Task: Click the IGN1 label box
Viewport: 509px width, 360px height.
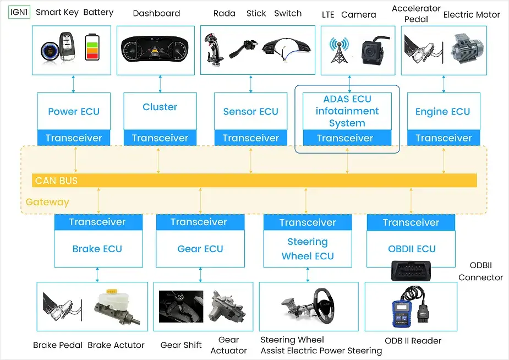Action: click(x=19, y=12)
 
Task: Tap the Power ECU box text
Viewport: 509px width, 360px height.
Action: click(x=74, y=112)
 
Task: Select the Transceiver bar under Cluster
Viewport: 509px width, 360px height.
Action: click(x=160, y=138)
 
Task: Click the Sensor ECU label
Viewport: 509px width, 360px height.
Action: click(x=250, y=112)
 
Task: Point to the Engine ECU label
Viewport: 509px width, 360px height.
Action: click(x=442, y=112)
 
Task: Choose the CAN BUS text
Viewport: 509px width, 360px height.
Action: click(x=56, y=181)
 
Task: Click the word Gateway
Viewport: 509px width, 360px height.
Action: click(x=47, y=202)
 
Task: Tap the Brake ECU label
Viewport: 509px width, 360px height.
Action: click(x=97, y=249)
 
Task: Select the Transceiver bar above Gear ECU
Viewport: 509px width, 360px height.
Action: click(x=199, y=222)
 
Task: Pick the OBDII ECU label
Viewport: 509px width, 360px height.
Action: click(x=412, y=249)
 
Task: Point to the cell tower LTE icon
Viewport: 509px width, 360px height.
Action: click(x=337, y=50)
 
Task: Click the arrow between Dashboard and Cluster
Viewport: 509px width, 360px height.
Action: click(x=160, y=83)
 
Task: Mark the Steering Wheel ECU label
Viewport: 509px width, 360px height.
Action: click(x=308, y=249)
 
